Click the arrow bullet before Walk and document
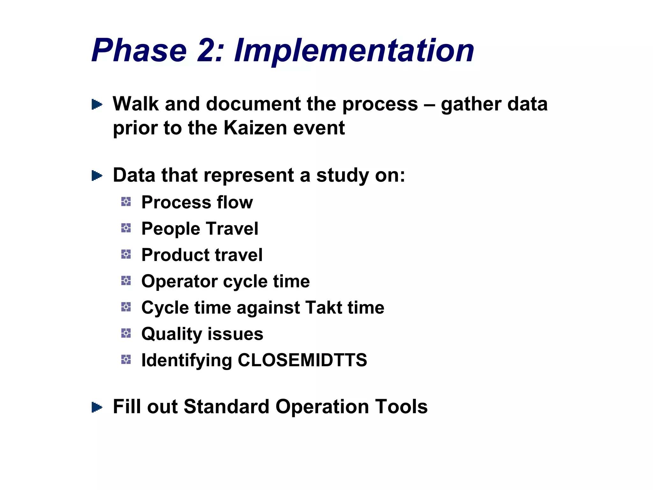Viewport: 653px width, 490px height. click(x=97, y=104)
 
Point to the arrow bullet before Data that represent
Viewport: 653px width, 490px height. click(x=97, y=175)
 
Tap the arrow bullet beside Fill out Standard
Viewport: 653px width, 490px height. click(x=97, y=407)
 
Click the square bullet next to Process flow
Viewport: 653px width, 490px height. click(x=126, y=202)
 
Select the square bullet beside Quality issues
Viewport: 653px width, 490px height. click(x=126, y=333)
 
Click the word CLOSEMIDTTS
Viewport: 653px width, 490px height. click(x=302, y=360)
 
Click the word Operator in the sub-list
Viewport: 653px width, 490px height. click(x=180, y=281)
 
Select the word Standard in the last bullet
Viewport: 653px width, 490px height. click(x=226, y=407)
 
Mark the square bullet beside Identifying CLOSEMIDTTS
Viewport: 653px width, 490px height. click(x=126, y=360)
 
